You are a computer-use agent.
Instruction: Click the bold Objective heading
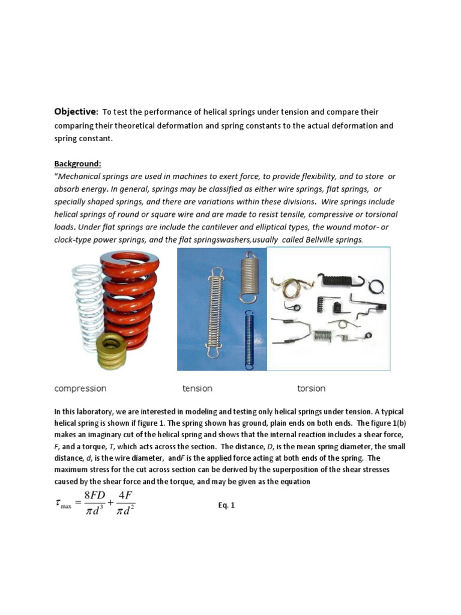(x=76, y=112)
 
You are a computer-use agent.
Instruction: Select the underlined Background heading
(x=78, y=163)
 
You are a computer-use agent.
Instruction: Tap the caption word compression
(x=80, y=389)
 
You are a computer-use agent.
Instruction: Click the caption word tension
(x=197, y=389)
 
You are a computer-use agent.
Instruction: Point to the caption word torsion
(x=311, y=389)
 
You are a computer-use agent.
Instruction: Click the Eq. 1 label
(x=226, y=506)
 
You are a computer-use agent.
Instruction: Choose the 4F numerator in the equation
(x=125, y=497)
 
